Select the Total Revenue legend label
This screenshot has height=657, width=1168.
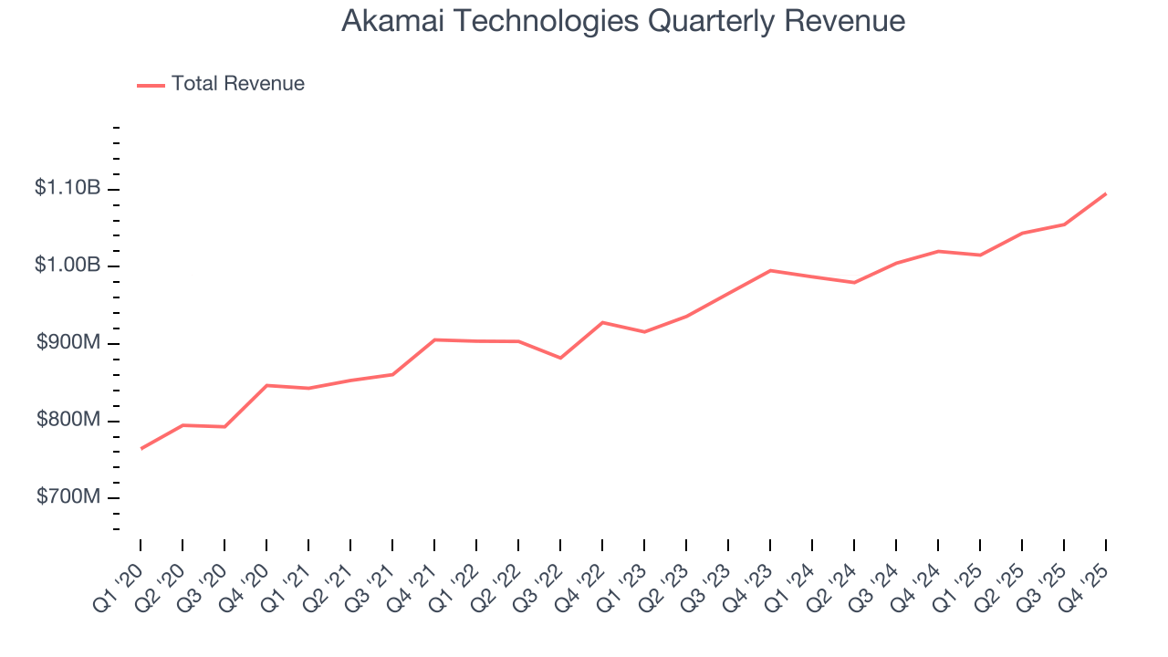[237, 84]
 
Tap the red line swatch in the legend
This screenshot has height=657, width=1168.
[151, 85]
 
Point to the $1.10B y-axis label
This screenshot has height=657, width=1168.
[68, 188]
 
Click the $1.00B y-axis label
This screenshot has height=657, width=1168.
[68, 266]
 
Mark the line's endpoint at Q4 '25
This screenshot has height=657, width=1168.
[1106, 193]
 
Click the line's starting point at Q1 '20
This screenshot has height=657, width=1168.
[141, 448]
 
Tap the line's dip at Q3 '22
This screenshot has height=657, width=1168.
[560, 358]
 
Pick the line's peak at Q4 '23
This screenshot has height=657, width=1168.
[770, 270]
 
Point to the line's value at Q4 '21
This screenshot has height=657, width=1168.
[434, 339]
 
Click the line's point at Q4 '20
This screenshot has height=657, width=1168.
[266, 385]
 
